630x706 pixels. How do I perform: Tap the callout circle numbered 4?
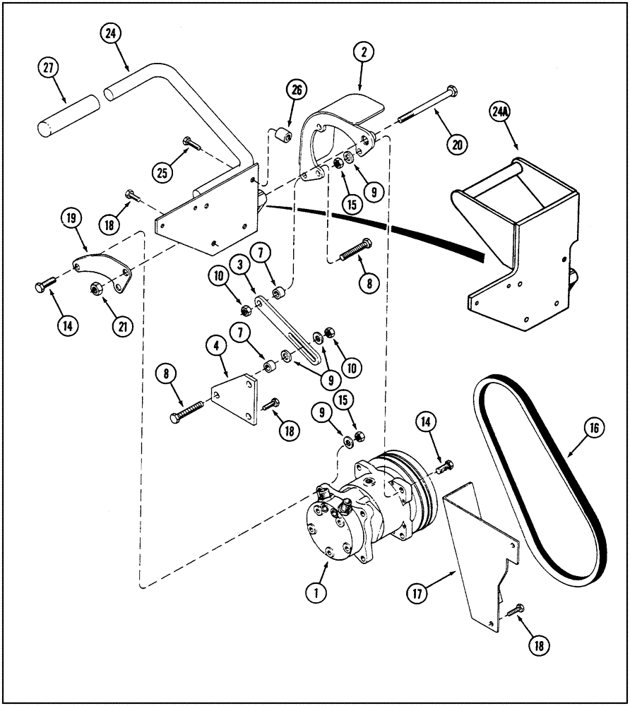216,346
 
